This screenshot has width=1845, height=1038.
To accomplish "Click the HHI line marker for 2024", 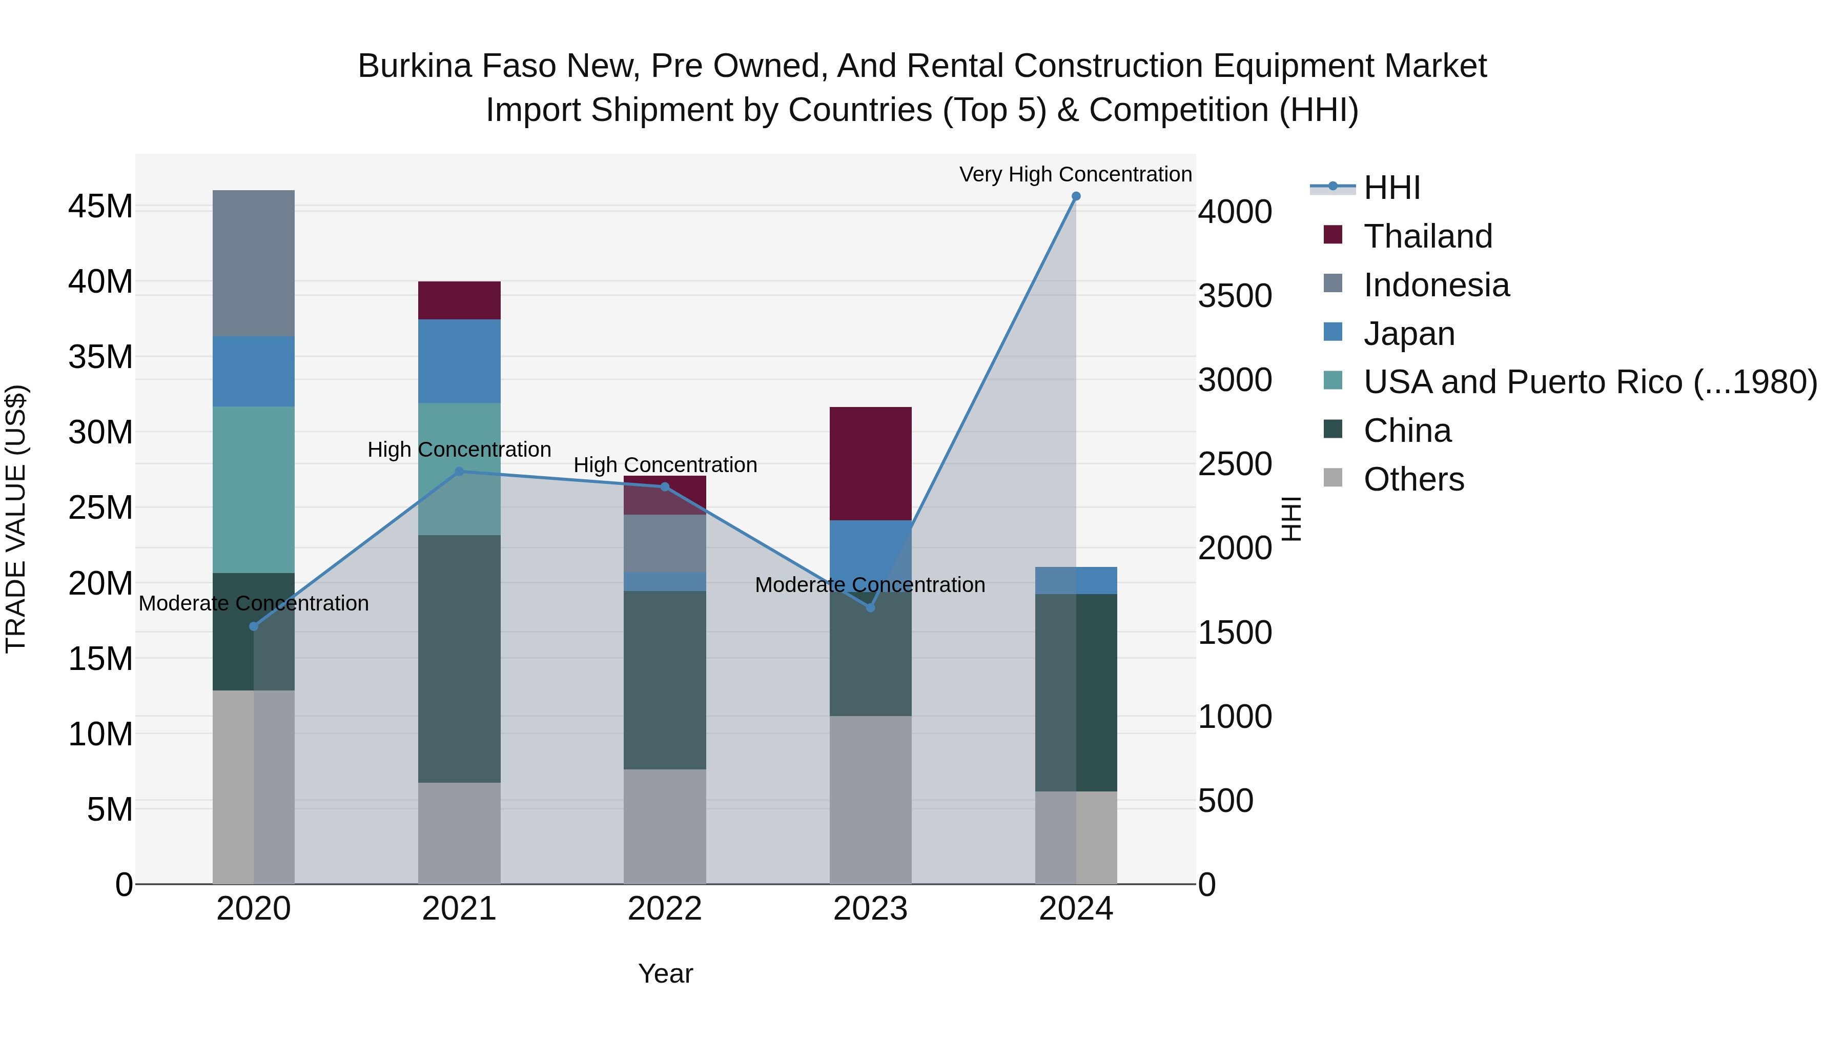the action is tap(1076, 196).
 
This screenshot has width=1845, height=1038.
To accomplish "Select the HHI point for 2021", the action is tap(459, 472).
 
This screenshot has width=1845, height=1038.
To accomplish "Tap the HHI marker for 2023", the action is tap(870, 607).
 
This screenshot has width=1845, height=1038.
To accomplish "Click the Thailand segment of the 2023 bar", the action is tap(870, 463).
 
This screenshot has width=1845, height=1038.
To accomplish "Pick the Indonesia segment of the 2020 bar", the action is tap(254, 263).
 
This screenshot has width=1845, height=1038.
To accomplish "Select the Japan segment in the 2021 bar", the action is tap(459, 361).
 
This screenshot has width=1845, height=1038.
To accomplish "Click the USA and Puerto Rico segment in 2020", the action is tap(254, 490).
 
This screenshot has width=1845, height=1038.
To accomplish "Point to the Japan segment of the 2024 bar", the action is tap(1076, 580).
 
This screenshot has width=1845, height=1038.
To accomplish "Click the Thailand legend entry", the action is tap(1408, 236).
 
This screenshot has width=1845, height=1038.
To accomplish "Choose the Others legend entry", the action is tap(1394, 479).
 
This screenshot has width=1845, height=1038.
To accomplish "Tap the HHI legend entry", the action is tap(1365, 188).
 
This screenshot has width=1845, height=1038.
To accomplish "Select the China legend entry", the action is tap(1387, 431).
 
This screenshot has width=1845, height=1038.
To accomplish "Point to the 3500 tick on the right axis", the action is tap(1235, 296).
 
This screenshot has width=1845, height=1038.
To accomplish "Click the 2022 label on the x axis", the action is tap(665, 909).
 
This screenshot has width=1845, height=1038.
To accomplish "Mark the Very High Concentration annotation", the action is tap(1076, 174).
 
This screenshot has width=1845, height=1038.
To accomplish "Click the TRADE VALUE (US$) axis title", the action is tap(16, 519).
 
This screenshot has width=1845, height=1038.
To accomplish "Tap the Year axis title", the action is tap(665, 973).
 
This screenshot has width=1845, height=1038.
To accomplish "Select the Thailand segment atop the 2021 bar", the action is tap(459, 301).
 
